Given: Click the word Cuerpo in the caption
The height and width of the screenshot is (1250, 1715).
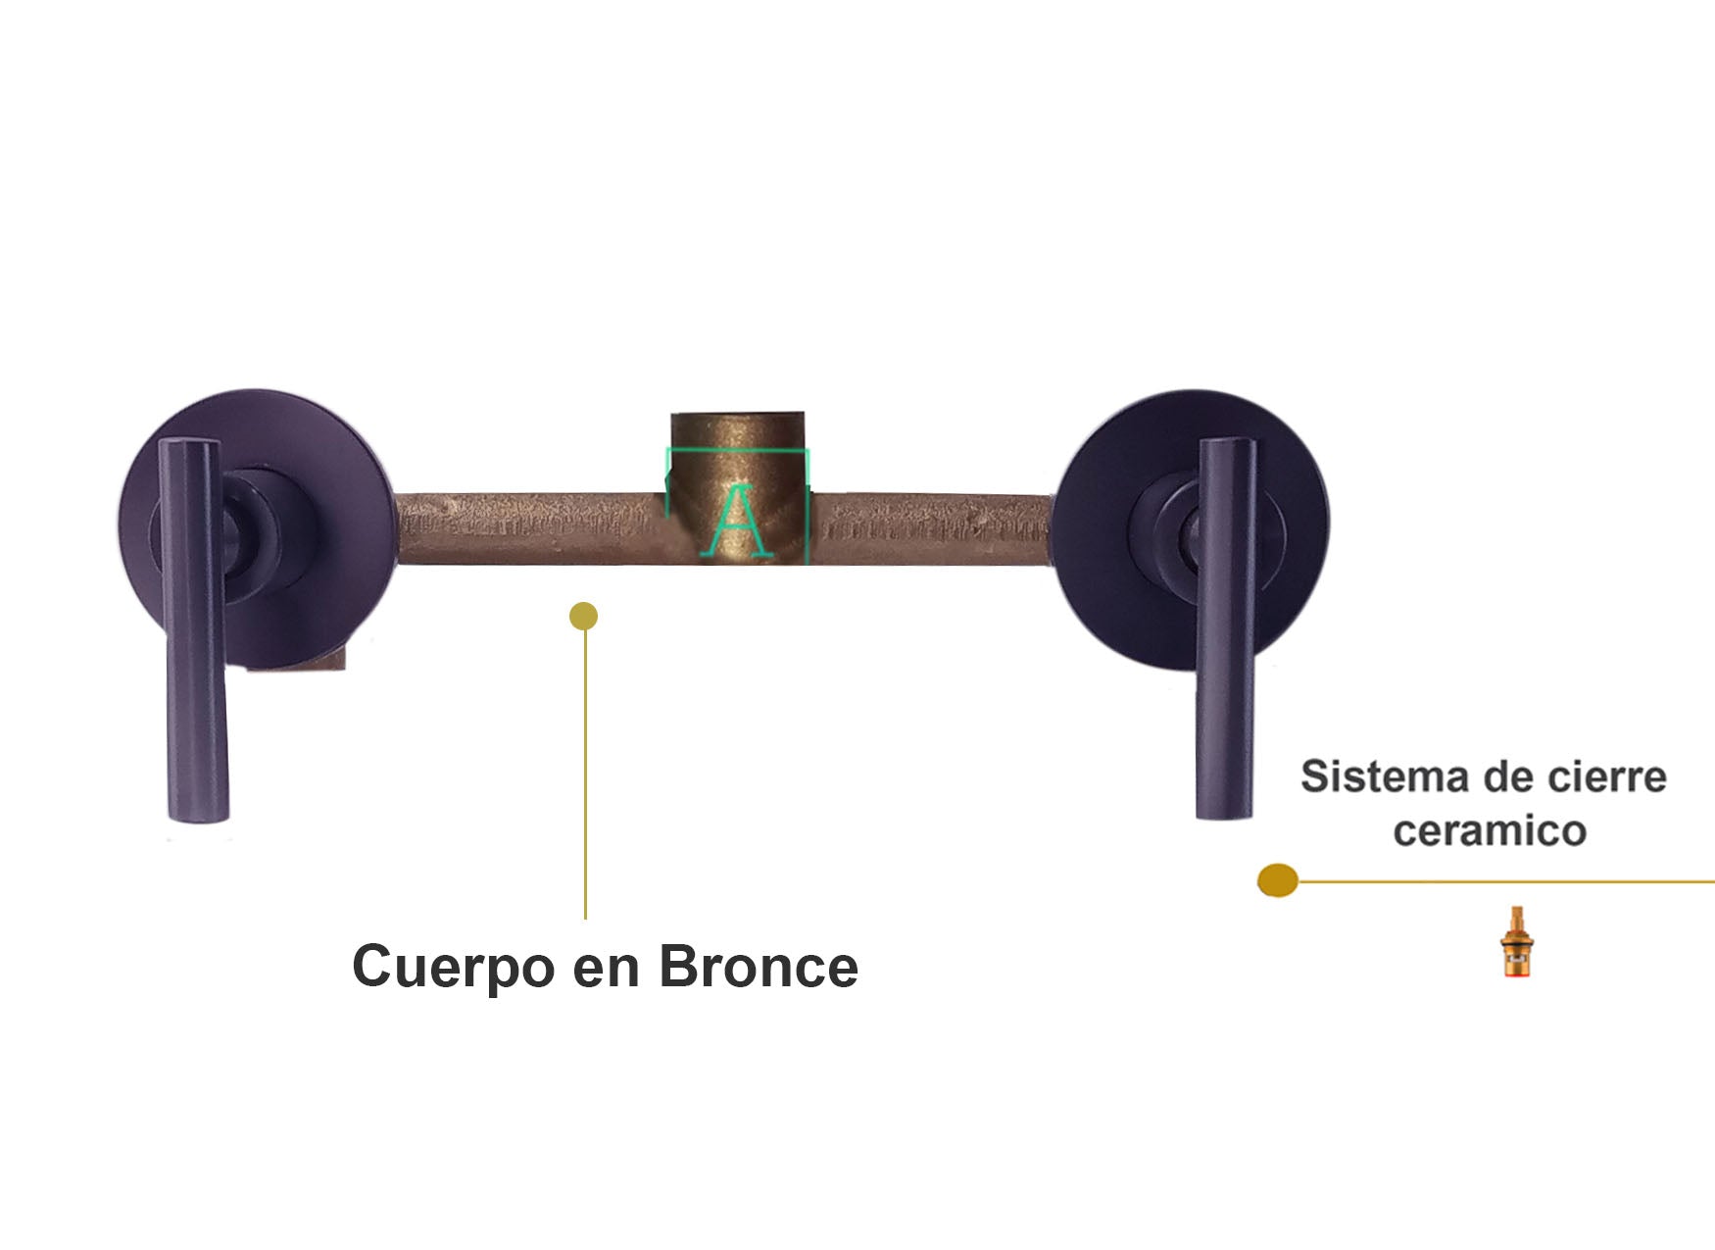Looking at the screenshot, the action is click(x=454, y=969).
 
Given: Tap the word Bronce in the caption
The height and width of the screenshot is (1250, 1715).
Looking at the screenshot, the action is click(x=759, y=967).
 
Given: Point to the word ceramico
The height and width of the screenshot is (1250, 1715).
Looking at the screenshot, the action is click(x=1490, y=831).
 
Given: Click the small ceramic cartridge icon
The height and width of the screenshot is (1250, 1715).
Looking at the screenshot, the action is click(x=1517, y=942).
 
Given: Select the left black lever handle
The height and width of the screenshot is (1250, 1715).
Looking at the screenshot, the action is click(x=194, y=629).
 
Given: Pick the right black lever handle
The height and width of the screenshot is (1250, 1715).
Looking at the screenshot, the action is click(x=1226, y=627).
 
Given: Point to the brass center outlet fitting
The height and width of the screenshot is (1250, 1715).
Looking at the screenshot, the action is click(x=738, y=487).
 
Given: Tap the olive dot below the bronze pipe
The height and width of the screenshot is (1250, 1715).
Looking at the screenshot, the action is click(x=583, y=617).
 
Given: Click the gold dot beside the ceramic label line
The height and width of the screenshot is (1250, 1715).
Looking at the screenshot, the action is click(x=1278, y=880).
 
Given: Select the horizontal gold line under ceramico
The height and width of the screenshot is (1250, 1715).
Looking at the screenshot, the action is click(x=1506, y=881).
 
